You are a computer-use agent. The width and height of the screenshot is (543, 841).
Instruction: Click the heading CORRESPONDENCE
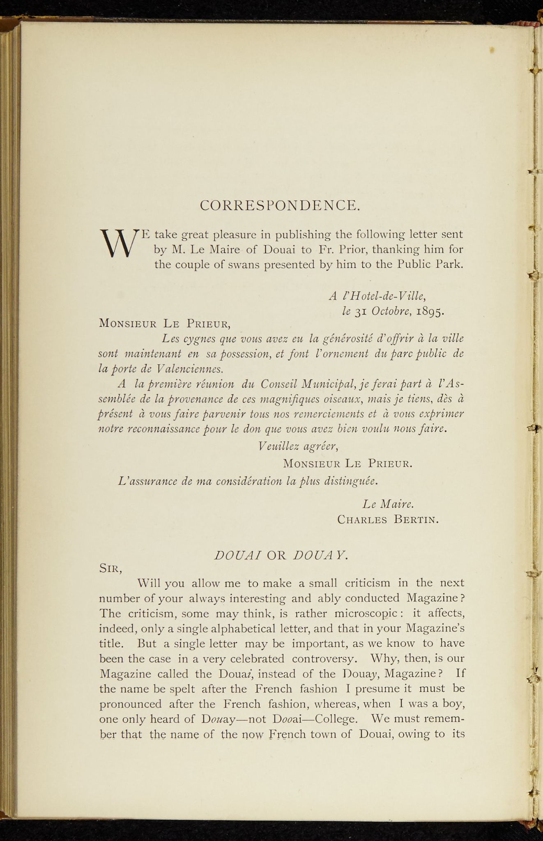tap(280, 205)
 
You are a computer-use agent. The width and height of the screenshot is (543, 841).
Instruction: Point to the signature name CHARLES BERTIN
tap(388, 520)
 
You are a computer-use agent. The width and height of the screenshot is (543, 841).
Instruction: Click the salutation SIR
tap(110, 569)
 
